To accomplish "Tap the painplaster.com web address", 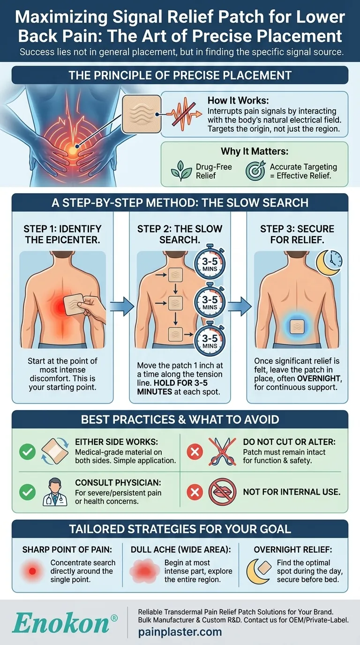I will pyautogui.click(x=180, y=632).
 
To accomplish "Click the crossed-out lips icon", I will pyautogui.click(x=222, y=492).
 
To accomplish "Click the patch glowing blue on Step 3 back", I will pyautogui.click(x=298, y=326).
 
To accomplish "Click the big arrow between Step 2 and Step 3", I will pyautogui.click(x=242, y=306).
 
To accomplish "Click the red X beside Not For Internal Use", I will pyautogui.click(x=194, y=492).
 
